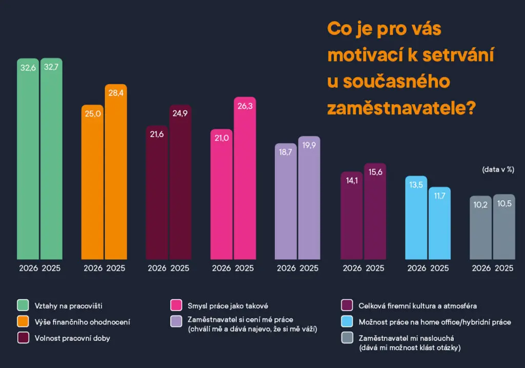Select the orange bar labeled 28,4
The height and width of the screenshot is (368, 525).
115,175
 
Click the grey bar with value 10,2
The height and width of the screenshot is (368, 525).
481,228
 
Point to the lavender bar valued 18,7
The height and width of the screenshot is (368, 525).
286,203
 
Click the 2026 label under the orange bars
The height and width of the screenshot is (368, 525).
93,268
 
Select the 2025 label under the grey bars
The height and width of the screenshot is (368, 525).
504,268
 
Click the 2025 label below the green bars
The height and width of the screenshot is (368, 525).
51,268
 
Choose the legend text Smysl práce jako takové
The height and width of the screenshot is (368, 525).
224,306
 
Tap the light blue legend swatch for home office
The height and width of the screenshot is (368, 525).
347,322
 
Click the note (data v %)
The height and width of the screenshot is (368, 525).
498,169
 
